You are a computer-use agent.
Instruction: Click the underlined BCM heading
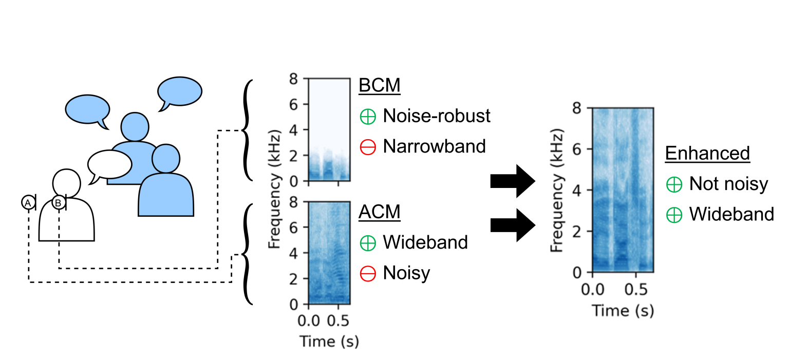379,86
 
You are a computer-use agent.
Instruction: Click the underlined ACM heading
379,212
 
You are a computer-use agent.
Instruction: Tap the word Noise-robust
437,116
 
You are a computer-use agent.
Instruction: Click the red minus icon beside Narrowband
368,147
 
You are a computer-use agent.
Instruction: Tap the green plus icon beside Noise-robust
368,117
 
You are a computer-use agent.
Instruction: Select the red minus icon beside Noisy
368,274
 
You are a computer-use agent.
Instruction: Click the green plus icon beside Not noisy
674,184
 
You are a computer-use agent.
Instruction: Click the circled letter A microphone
28,203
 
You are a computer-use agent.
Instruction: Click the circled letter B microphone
59,203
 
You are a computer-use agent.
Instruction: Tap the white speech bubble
108,165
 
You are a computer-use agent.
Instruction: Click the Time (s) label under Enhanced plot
623,310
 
